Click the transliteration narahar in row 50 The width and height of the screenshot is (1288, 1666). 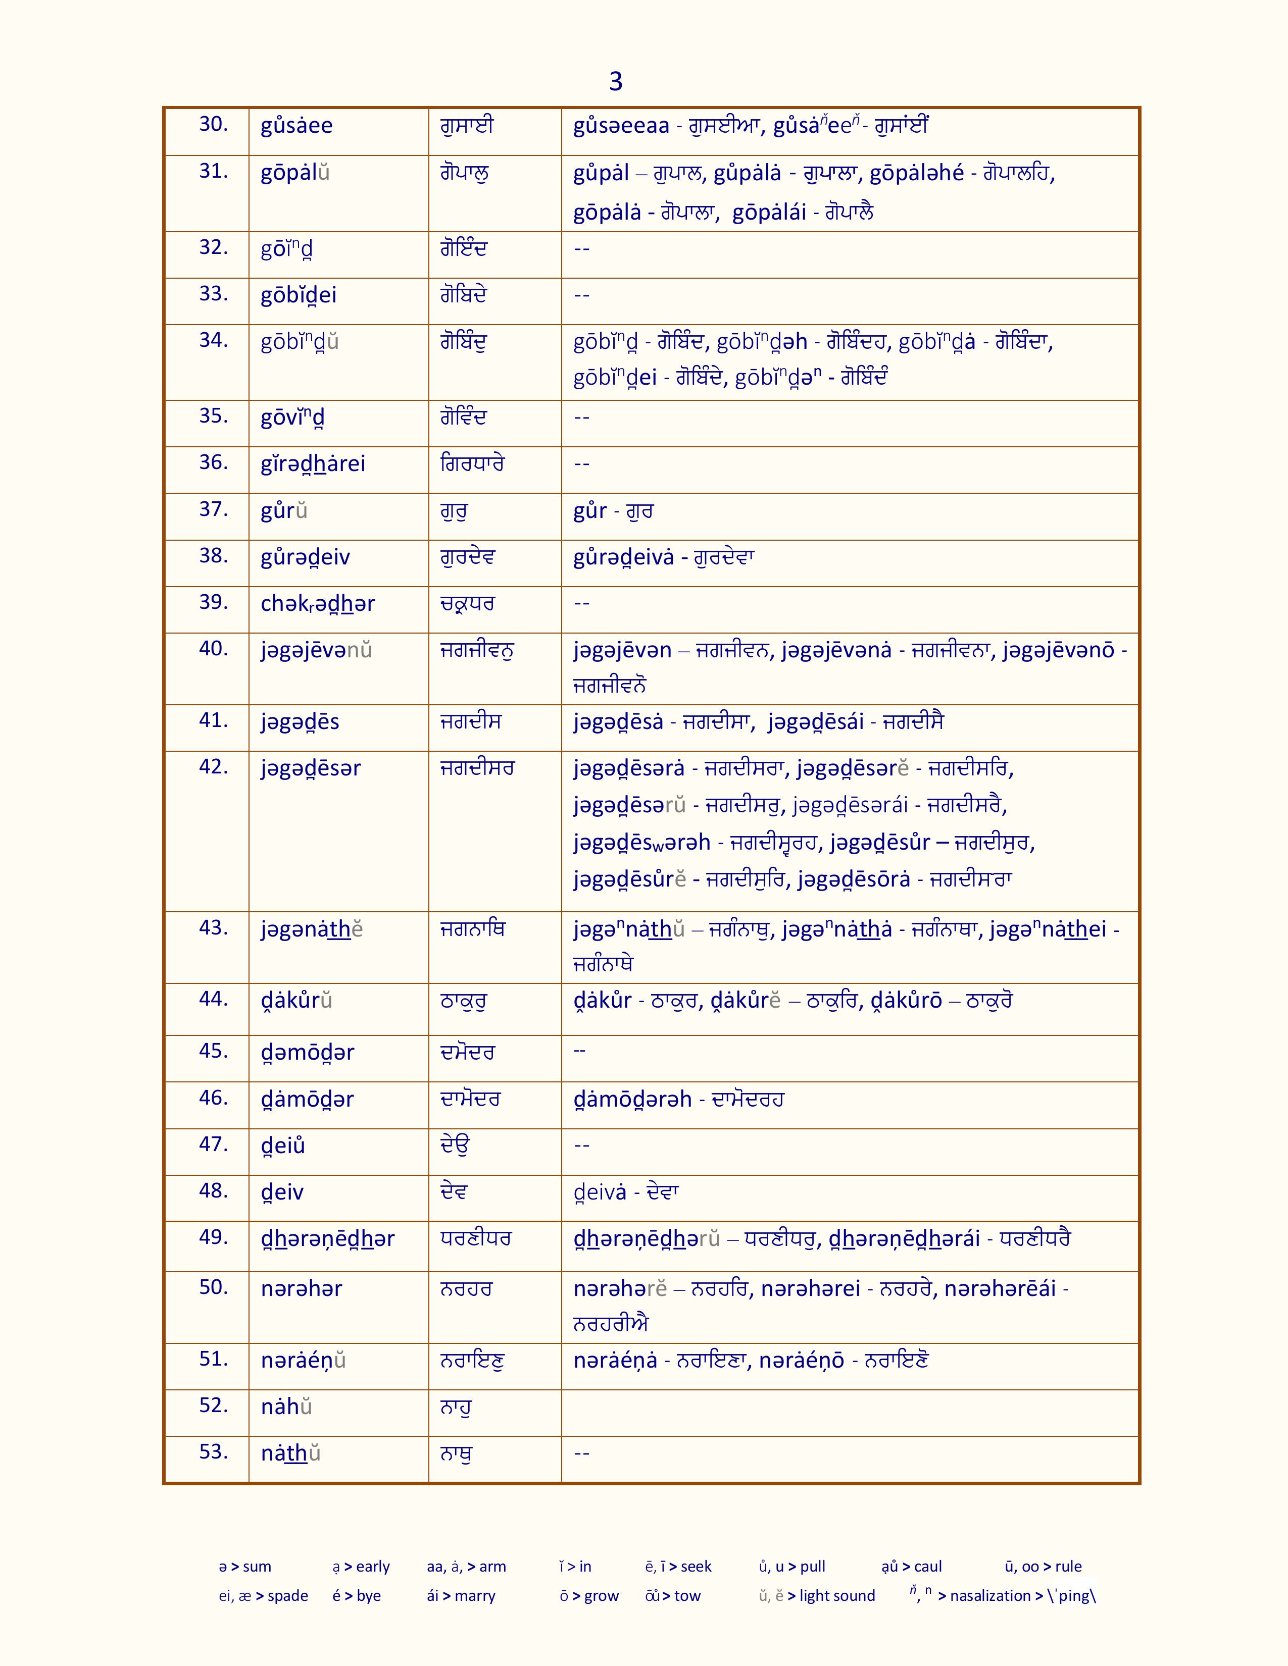coord(302,1288)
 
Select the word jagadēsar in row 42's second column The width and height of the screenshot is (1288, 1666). coord(311,768)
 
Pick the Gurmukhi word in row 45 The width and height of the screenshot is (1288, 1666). coord(467,1052)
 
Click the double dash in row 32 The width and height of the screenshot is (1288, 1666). coord(581,249)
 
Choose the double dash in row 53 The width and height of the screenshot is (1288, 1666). coord(581,1453)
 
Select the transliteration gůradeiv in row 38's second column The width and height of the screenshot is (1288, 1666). coord(305,558)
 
